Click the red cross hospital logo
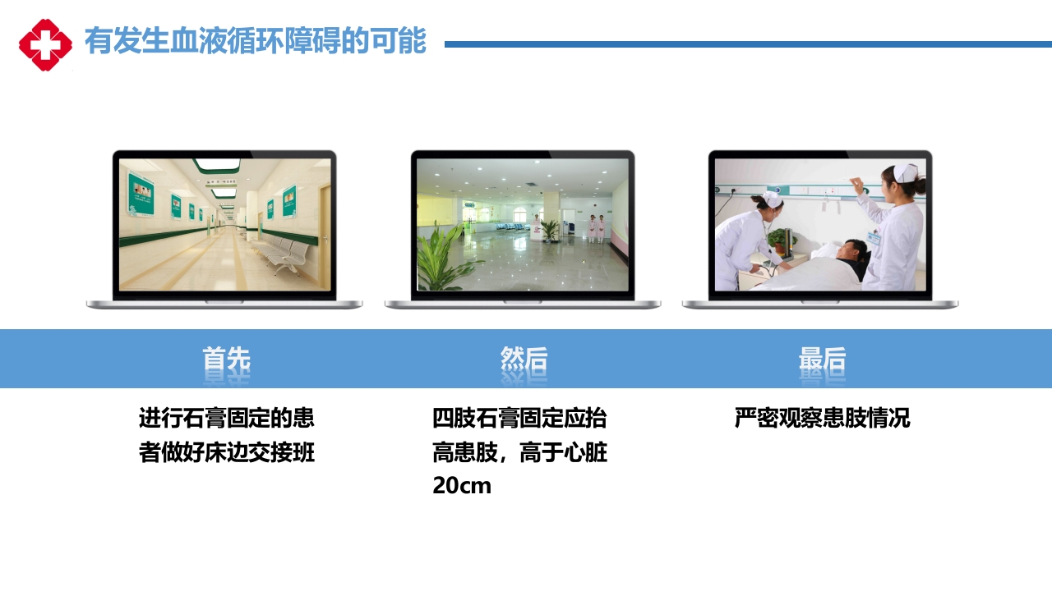pos(45,44)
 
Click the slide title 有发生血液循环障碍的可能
pos(255,41)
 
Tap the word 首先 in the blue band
pos(226,359)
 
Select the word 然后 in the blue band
pos(524,359)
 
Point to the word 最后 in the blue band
pos(822,359)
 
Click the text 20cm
pos(462,485)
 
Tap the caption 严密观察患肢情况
pos(822,418)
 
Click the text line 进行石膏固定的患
pos(226,418)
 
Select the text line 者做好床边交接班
pos(226,452)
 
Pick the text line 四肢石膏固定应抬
pos(519,418)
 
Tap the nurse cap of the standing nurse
pos(905,172)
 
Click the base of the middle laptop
pos(523,304)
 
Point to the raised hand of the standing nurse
pos(859,186)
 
